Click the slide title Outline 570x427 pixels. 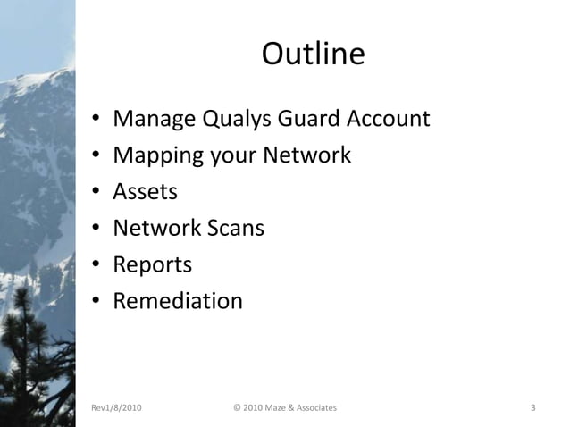point(313,55)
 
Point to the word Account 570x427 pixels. point(390,119)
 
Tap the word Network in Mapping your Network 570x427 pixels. point(306,155)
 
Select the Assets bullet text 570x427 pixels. point(145,191)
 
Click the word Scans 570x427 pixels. point(234,228)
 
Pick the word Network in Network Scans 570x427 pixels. point(155,228)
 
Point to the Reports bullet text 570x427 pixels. point(152,264)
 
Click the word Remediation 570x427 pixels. point(177,301)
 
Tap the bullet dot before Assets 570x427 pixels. point(95,193)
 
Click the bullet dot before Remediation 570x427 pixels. point(95,302)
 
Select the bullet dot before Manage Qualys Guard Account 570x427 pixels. point(95,120)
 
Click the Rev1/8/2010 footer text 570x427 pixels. point(116,408)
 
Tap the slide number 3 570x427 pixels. point(532,408)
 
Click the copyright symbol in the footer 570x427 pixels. point(236,408)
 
